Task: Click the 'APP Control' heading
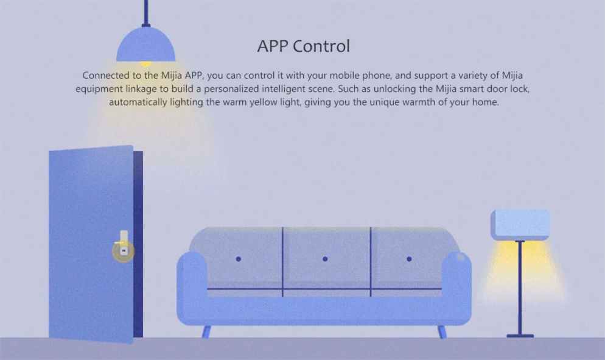[303, 46]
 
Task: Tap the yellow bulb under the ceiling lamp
[146, 64]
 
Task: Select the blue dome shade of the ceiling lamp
[146, 44]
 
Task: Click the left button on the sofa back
[239, 259]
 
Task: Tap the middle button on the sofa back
[325, 259]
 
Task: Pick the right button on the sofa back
[409, 259]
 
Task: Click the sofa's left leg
[206, 332]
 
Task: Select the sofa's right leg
[442, 332]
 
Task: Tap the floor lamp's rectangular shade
[520, 225]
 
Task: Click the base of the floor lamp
[520, 336]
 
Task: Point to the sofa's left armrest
[192, 286]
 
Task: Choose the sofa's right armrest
[456, 286]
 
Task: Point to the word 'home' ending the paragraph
[486, 102]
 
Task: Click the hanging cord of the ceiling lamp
[146, 12]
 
